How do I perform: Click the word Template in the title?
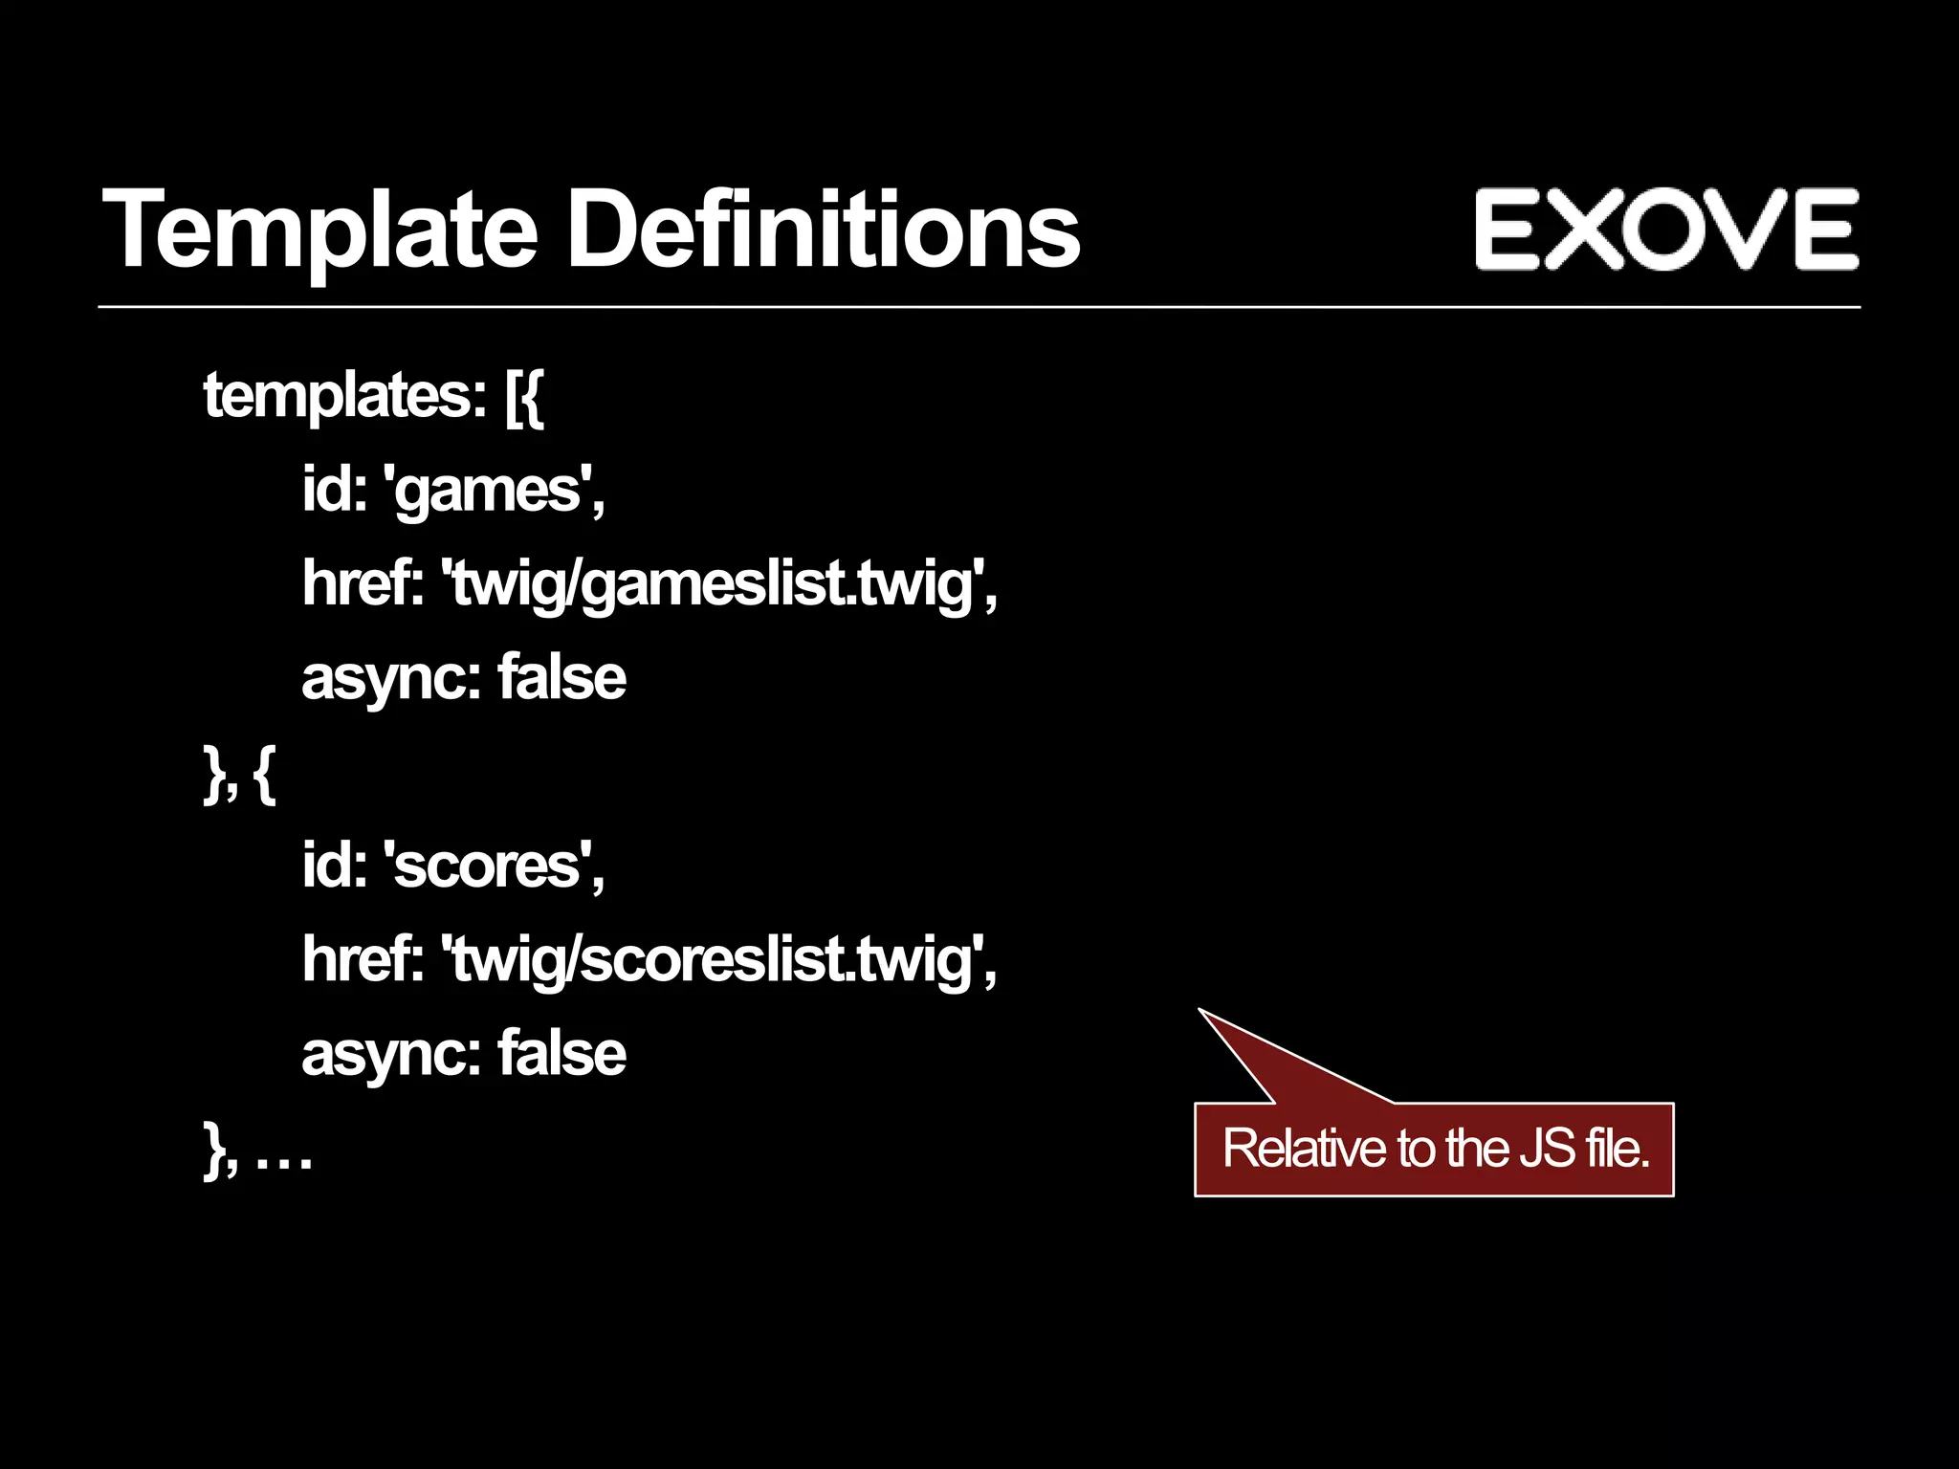tap(319, 230)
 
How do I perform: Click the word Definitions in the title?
tap(823, 230)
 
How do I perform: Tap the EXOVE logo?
tap(1666, 230)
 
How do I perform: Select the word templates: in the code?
tap(345, 396)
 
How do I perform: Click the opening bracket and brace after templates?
tap(524, 398)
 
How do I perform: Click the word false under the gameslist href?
tap(561, 677)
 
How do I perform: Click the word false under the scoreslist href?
tap(561, 1053)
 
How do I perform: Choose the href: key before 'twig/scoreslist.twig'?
tap(363, 958)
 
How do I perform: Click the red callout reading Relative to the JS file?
tap(1434, 1149)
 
